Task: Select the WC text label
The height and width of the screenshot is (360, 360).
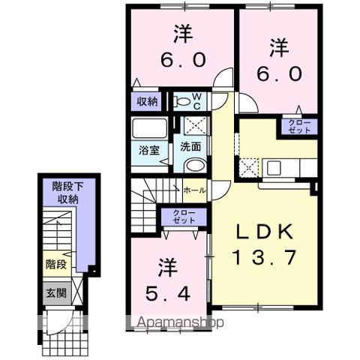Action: [196, 100]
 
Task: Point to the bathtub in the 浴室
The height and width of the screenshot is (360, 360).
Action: [146, 127]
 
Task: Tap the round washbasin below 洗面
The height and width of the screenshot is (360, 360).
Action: [193, 166]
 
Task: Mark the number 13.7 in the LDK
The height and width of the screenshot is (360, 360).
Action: [259, 258]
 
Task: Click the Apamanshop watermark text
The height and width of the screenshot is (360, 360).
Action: [180, 323]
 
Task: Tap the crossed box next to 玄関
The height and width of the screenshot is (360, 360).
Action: [77, 293]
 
